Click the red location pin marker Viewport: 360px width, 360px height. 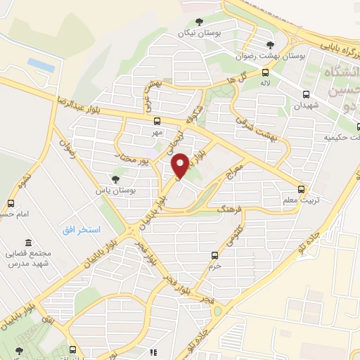180,165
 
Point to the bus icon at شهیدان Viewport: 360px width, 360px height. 306,94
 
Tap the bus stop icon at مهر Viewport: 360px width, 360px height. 157,120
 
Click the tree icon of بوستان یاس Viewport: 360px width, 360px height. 116,179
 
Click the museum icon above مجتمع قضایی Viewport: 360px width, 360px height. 27,242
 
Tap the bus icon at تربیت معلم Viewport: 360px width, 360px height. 302,188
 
